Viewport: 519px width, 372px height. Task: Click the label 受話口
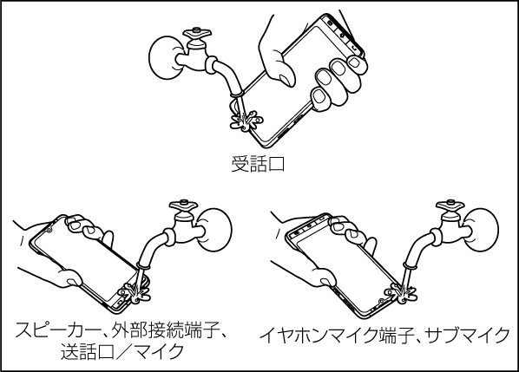pos(258,165)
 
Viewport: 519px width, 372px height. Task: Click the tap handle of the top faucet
pos(198,34)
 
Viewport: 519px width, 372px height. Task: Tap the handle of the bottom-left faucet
pos(183,205)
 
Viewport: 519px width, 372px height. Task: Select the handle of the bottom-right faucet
pos(450,205)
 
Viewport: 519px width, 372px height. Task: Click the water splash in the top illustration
pos(246,121)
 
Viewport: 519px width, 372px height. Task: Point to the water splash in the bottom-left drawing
pos(135,292)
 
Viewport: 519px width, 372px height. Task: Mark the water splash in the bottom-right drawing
pos(402,292)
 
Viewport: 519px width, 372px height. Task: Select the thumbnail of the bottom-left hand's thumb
pos(73,282)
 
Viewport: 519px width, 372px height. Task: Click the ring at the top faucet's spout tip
pos(237,95)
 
